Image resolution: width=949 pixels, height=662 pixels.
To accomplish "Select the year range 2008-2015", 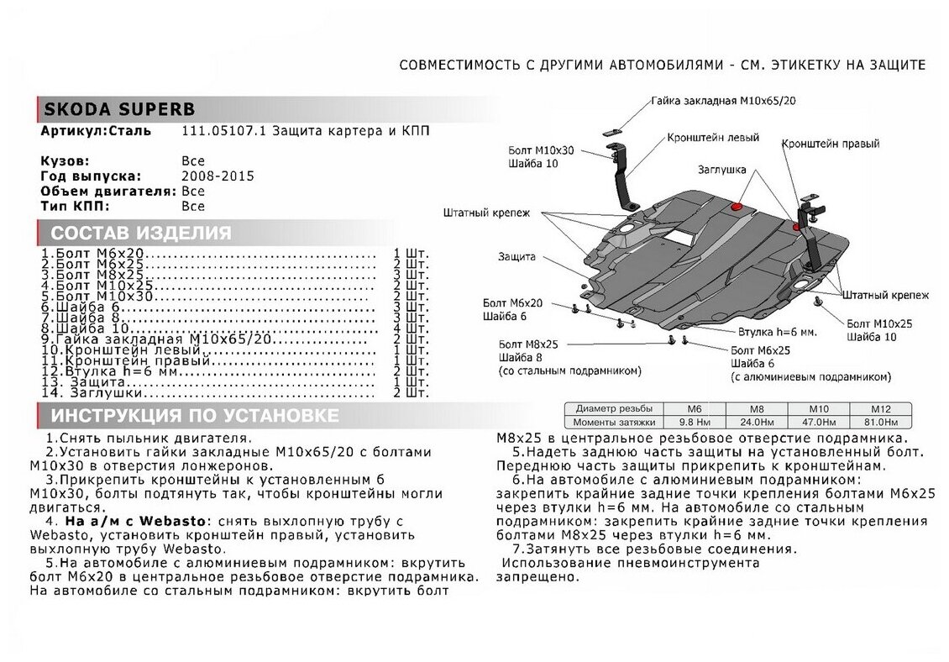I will [x=218, y=176].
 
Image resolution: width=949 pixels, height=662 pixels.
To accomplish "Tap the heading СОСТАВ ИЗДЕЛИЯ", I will [x=140, y=233].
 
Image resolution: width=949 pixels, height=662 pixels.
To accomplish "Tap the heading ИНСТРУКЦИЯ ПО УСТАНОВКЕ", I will [x=195, y=416].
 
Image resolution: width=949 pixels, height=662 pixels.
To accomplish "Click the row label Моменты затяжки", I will [x=609, y=422].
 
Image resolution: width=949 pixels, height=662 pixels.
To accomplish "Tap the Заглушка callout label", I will [x=721, y=170].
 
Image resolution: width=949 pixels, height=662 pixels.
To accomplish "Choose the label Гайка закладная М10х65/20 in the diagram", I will [x=722, y=100].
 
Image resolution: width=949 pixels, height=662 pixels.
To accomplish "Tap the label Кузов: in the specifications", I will [x=65, y=160].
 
